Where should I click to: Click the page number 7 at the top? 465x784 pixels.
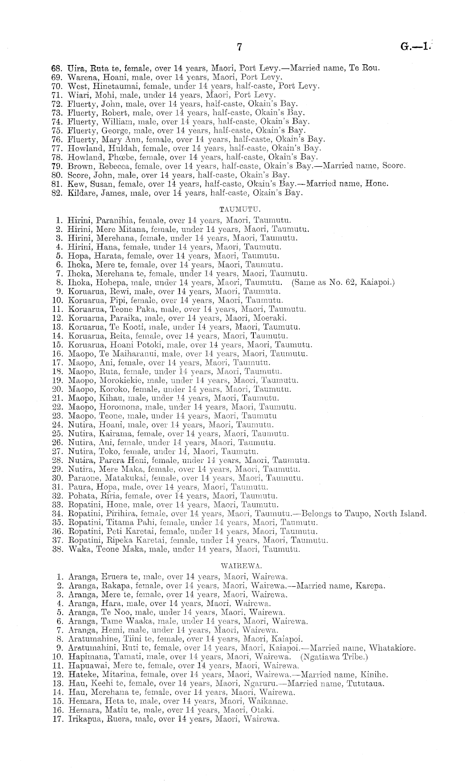(239, 47)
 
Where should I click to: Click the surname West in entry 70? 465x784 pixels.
(76, 86)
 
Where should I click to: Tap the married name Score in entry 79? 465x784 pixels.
(394, 166)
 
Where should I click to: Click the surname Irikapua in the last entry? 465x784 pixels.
(83, 719)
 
